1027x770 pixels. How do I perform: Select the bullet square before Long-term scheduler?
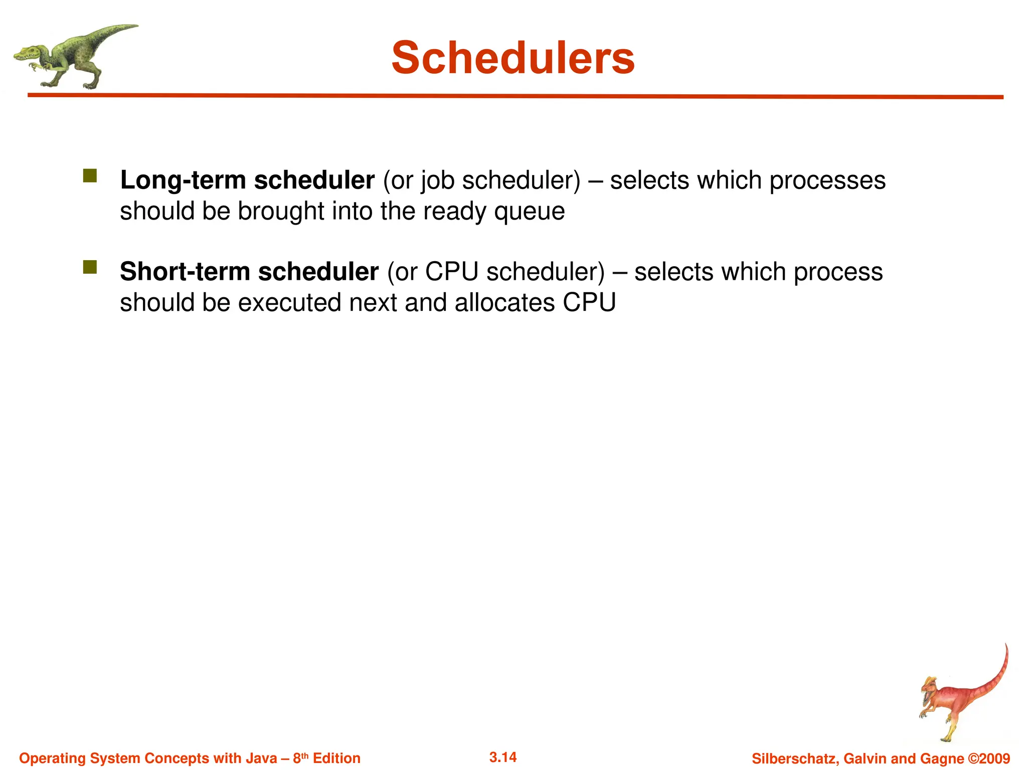90,176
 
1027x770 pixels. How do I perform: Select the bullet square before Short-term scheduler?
90,267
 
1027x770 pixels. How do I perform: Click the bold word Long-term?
183,180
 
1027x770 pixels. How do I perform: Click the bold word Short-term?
185,272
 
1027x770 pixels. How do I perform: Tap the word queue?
529,212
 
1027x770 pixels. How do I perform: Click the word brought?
281,212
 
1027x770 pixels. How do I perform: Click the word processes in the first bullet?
827,180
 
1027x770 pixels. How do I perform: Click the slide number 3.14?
503,757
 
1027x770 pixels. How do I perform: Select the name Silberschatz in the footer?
794,759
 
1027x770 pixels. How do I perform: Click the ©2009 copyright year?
988,758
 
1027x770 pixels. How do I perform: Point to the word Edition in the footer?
336,758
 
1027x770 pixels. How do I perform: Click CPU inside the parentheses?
451,272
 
